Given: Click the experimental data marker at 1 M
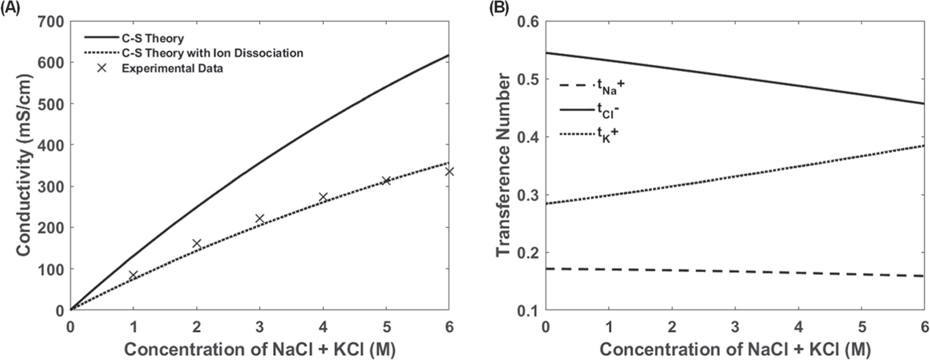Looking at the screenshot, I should tap(133, 275).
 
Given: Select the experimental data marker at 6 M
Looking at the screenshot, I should tap(449, 171).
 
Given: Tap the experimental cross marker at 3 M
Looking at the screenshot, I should tap(259, 219).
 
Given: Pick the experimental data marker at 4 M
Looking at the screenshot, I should tap(323, 197).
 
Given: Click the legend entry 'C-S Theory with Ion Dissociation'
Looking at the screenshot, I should tap(212, 53).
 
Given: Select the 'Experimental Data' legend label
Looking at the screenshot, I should tap(172, 69).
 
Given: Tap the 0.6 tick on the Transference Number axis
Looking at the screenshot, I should tap(528, 22).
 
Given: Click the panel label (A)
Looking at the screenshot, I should tap(10, 8).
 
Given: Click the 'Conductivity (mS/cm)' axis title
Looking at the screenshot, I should tap(24, 165).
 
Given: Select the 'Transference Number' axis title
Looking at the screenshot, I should tap(504, 165).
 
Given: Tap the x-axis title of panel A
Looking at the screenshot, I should tap(259, 350).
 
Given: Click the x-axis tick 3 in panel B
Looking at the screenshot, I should tap(735, 327).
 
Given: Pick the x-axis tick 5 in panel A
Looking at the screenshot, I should tap(386, 327).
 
